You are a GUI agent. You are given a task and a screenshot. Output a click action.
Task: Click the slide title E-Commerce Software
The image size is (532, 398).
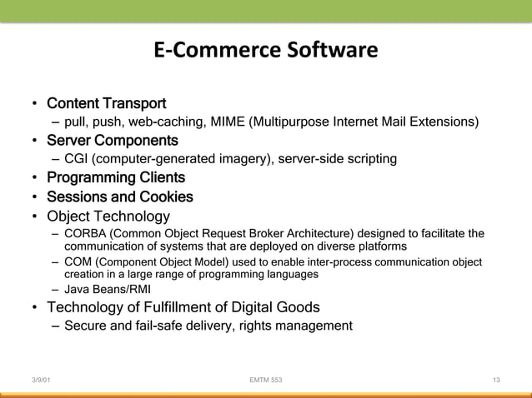point(266,52)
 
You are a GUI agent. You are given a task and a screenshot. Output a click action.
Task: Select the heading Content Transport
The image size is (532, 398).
point(106,104)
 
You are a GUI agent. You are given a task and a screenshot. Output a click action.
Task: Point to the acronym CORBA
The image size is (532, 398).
point(84,231)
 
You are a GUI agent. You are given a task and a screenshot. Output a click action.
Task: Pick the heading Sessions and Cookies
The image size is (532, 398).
point(119,197)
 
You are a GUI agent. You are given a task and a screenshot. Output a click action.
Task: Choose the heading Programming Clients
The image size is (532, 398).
point(115,178)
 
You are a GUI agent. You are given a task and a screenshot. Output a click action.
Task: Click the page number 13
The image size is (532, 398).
point(496,381)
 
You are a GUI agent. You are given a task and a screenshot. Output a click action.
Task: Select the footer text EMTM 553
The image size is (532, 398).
point(266,381)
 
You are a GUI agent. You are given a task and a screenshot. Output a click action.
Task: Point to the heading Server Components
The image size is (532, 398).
point(112,139)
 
